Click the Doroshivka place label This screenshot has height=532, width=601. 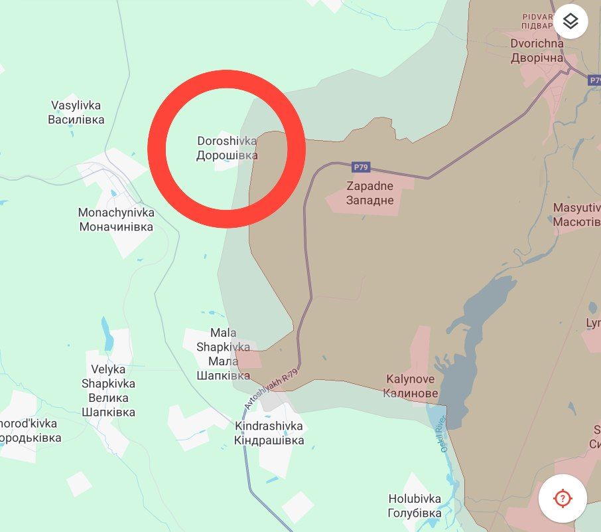pyautogui.click(x=227, y=148)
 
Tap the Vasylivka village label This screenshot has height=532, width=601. pyautogui.click(x=76, y=112)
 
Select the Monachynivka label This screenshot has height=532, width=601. pyautogui.click(x=116, y=219)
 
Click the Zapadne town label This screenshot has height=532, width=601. pyautogui.click(x=369, y=193)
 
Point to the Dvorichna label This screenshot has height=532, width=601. pyautogui.click(x=537, y=50)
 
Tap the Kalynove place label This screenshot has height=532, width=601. pyautogui.click(x=411, y=386)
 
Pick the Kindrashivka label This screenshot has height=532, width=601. pyautogui.click(x=269, y=433)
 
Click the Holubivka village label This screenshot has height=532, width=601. pyautogui.click(x=415, y=506)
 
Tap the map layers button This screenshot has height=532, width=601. pyautogui.click(x=570, y=23)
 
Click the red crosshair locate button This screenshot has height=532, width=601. pyautogui.click(x=562, y=497)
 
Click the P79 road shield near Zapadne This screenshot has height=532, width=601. pyautogui.click(x=361, y=167)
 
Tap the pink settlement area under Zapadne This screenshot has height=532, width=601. pyautogui.click(x=371, y=206)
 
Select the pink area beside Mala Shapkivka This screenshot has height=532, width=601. pyautogui.click(x=249, y=360)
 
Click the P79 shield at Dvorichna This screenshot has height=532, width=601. pyautogui.click(x=594, y=80)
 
